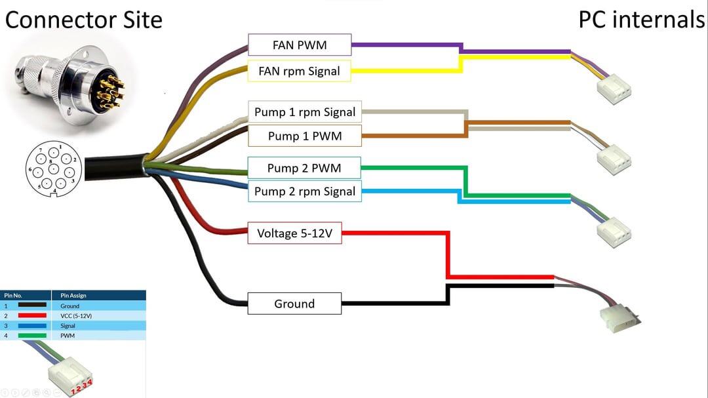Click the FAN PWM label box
[x=300, y=45]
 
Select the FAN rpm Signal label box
[x=300, y=71]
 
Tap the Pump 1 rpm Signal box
[x=305, y=111]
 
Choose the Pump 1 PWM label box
[x=305, y=136]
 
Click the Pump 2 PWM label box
[x=304, y=168]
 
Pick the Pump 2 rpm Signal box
[x=304, y=191]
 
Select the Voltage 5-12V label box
[x=294, y=233]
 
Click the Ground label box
[x=294, y=304]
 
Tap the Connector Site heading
[x=83, y=20]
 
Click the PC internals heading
[x=640, y=20]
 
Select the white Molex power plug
[x=619, y=317]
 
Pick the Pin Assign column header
[x=73, y=296]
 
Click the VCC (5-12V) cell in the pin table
[x=76, y=315]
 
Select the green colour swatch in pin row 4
[x=32, y=336]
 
